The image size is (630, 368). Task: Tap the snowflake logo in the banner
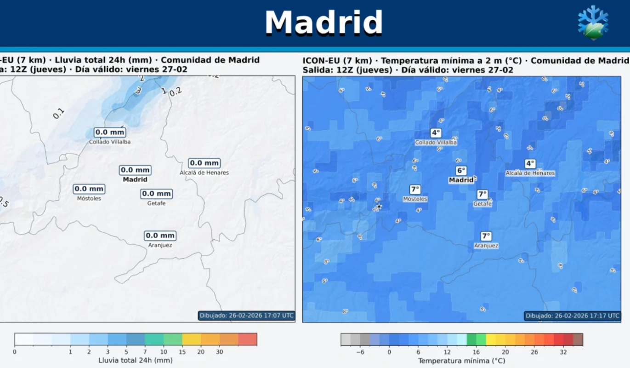tap(593, 23)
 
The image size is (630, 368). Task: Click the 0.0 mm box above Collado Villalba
tap(110, 132)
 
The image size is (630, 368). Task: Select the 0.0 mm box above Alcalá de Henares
tap(204, 163)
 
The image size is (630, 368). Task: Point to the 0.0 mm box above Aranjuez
tap(160, 236)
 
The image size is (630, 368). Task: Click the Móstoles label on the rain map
tap(89, 198)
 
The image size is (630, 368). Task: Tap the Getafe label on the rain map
tap(156, 203)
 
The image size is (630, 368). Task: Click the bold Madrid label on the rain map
tap(135, 179)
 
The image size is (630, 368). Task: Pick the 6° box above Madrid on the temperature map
tap(461, 171)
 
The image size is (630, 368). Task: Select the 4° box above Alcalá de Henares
tap(530, 163)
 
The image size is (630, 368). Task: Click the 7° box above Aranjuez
tap(486, 236)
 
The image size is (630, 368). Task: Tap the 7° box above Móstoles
tap(414, 189)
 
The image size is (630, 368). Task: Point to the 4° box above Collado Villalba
tap(435, 133)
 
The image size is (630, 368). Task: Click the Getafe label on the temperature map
tap(482, 203)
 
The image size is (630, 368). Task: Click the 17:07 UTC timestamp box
tap(246, 316)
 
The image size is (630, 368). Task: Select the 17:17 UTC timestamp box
tap(572, 316)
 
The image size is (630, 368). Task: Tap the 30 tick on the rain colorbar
tap(220, 352)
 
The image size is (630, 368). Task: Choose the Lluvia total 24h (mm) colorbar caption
tap(136, 360)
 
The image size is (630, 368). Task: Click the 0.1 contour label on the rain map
tap(58, 113)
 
